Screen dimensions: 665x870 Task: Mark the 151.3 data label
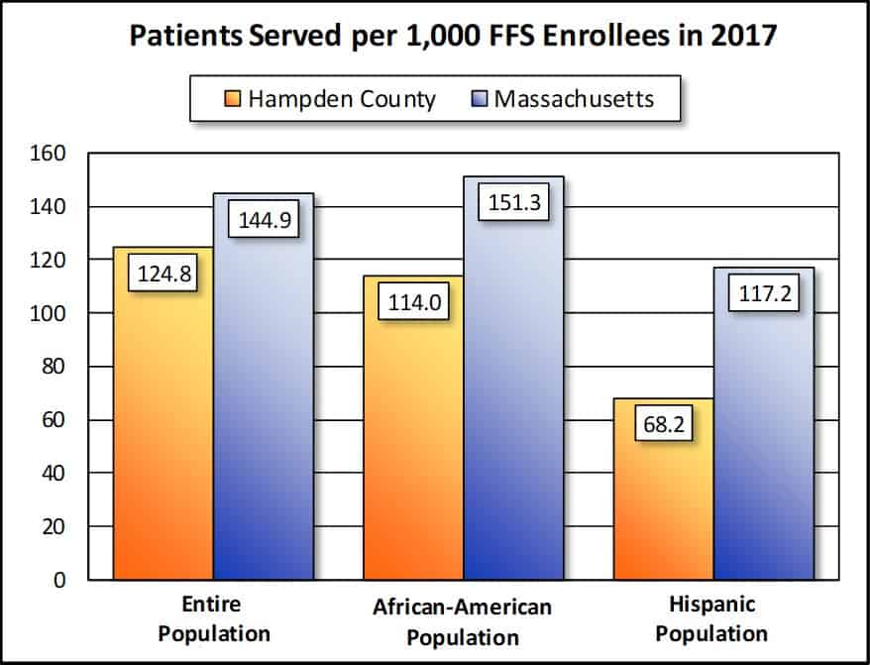[514, 202]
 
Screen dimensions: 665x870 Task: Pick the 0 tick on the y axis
[58, 580]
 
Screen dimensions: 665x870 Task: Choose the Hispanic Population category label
[712, 618]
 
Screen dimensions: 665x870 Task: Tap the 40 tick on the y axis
[51, 474]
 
